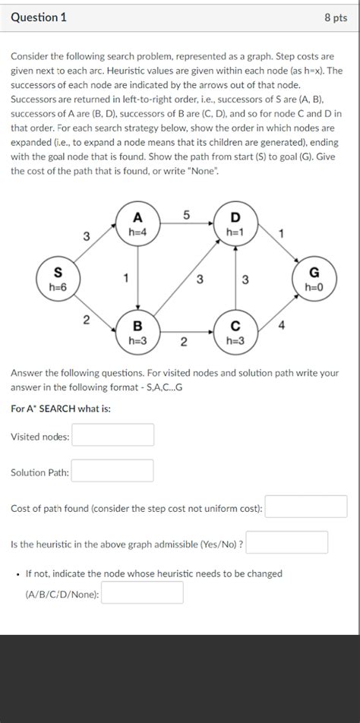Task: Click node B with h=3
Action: (x=137, y=332)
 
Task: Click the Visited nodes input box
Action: (x=112, y=435)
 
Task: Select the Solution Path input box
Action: (x=112, y=472)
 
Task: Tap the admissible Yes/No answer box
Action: (x=287, y=543)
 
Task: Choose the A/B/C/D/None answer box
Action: (x=142, y=593)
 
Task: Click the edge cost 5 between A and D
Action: (x=185, y=215)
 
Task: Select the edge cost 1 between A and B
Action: (x=126, y=278)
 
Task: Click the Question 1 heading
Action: (x=39, y=17)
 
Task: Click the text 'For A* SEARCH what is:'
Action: (x=61, y=409)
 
